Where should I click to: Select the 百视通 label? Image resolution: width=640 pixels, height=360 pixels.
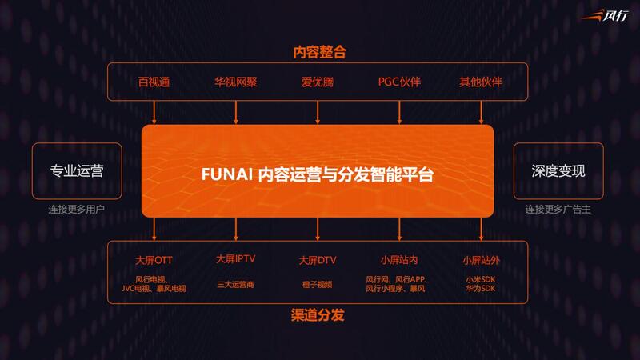(x=154, y=82)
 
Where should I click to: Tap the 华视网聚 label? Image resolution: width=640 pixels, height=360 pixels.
(x=236, y=82)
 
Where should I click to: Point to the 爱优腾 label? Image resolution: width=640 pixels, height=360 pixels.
(x=318, y=82)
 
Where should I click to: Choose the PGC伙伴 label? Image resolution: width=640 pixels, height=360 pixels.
(x=399, y=82)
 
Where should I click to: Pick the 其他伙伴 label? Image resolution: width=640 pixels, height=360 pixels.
(x=481, y=82)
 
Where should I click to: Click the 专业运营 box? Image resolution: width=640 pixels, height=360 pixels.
(x=77, y=171)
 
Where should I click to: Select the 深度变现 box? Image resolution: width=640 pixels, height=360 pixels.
(x=558, y=171)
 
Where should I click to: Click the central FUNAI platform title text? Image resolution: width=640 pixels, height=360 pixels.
(x=318, y=172)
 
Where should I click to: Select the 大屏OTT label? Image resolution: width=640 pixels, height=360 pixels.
(x=154, y=261)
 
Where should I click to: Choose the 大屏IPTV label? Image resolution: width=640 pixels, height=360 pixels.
(x=236, y=260)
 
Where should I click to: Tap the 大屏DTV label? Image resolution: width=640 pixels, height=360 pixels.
(x=318, y=261)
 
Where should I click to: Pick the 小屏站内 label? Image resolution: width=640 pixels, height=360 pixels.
(x=399, y=261)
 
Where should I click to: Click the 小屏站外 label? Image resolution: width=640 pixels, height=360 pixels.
(x=481, y=261)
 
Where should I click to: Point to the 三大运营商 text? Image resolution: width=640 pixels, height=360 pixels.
(x=236, y=284)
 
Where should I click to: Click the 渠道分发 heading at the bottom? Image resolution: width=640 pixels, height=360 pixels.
(x=318, y=315)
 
